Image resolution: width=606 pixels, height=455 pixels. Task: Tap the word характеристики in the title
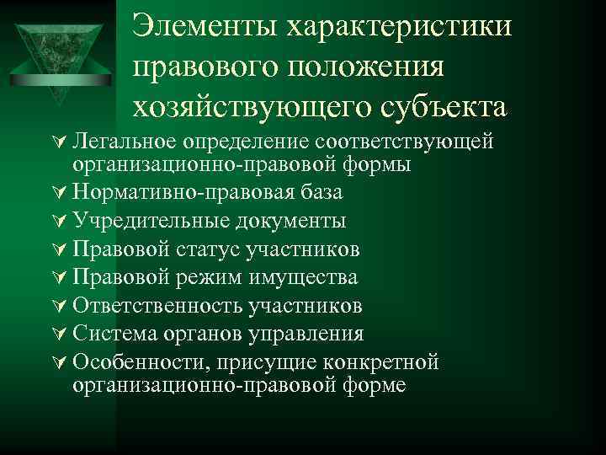pos(400,27)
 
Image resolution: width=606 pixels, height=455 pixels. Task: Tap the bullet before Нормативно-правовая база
pos(63,193)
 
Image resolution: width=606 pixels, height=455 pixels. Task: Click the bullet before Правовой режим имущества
pos(63,278)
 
